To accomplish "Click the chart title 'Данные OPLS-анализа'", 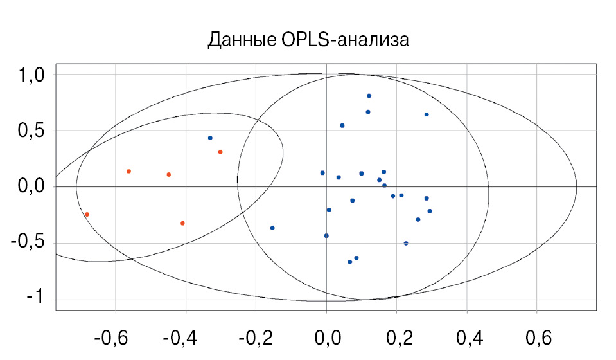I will (308, 40).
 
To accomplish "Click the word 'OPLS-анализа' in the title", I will (345, 40).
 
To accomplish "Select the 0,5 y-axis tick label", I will (30, 131).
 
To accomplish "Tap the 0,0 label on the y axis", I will (30, 187).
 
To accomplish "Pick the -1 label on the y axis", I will (35, 300).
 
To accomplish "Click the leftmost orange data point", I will (87, 214).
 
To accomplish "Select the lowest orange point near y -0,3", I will (182, 223).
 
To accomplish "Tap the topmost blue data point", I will (369, 96).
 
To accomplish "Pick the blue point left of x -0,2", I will (210, 138).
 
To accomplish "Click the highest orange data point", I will (220, 152).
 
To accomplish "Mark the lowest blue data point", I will (350, 262).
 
